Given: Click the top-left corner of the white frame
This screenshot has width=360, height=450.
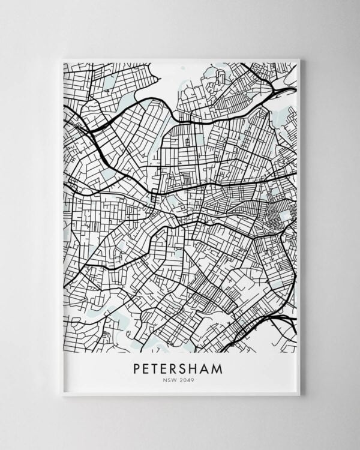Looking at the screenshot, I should (62, 59).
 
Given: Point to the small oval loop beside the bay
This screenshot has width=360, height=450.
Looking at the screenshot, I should (220, 77).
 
